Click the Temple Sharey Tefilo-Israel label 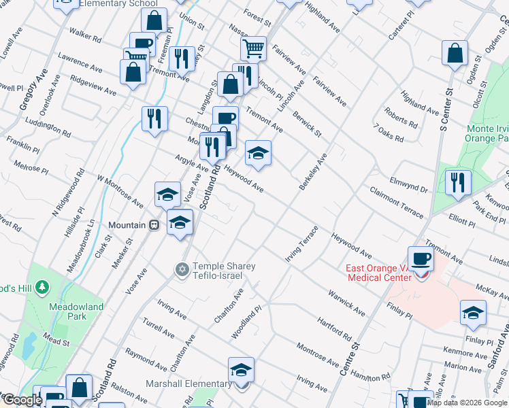224,271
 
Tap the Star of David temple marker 181,271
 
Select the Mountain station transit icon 154,225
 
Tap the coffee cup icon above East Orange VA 421,258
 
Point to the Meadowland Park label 76,311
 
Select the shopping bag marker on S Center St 455,53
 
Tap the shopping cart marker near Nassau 253,48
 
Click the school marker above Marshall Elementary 241,369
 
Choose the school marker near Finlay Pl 472,313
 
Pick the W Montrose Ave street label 120,191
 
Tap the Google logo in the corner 22,401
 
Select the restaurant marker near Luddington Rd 154,118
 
